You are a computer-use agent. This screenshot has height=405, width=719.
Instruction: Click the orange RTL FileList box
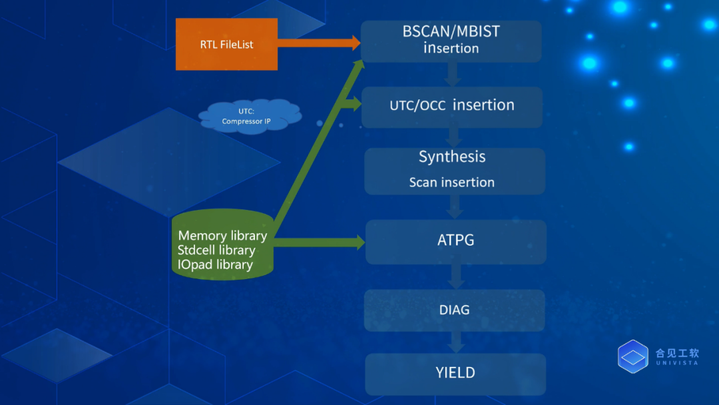pos(226,44)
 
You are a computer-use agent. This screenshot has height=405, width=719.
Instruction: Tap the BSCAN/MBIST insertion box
pos(451,41)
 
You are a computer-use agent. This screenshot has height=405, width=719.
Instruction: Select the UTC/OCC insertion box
pos(451,107)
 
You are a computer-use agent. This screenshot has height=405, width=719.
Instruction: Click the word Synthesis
pos(452,157)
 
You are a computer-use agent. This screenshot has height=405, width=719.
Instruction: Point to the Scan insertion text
pos(451,182)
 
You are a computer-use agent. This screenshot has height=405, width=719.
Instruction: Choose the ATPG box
pos(456,242)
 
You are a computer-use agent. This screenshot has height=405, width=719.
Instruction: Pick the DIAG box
pos(455,310)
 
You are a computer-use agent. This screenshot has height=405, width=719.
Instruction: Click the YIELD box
pos(455,374)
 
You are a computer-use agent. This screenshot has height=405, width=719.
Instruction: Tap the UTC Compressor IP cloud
pos(250,116)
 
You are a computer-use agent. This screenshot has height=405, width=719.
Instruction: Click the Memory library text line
pos(222,235)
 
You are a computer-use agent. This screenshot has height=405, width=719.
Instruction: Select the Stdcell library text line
pos(216,250)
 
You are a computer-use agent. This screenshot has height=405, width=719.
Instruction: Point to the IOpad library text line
pos(215,264)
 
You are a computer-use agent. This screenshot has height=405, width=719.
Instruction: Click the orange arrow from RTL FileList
pos(319,43)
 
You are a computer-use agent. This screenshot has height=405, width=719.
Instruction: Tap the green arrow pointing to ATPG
pos(319,242)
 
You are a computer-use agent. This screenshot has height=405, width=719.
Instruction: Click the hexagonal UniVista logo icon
pos(633,356)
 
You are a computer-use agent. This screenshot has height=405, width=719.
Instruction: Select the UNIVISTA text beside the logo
pos(677,363)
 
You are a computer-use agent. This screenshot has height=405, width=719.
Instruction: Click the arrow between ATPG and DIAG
pos(456,276)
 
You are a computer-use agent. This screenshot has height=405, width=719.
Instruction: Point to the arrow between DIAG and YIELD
pos(456,342)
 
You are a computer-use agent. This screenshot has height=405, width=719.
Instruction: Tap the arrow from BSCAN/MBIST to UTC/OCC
pos(453,75)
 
